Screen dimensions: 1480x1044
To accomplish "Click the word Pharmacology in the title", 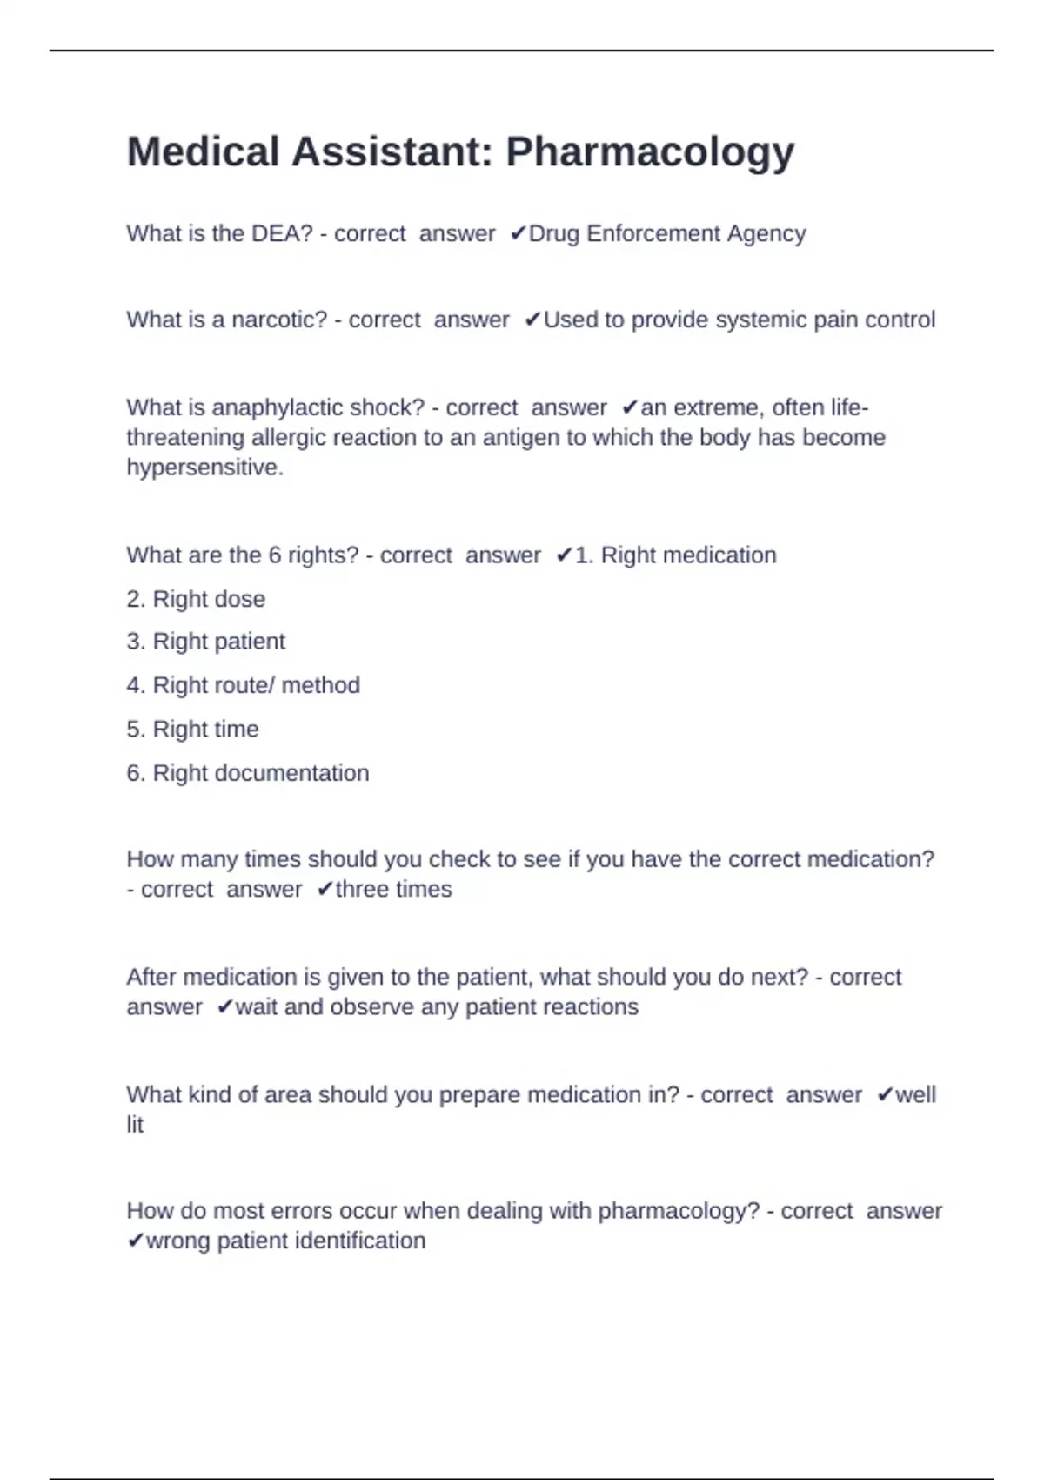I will pos(650,152).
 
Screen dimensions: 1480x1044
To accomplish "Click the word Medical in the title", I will pos(203,152).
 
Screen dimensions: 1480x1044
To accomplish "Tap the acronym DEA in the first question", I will pos(281,233).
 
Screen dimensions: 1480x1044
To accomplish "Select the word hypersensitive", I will pos(204,468).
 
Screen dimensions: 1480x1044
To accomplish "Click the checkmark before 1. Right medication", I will pos(564,555).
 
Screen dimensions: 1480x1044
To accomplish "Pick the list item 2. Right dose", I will pos(196,599).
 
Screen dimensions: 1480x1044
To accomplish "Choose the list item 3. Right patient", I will pos(205,642).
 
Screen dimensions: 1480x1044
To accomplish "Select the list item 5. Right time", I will pos(192,729).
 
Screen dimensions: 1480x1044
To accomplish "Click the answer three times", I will pos(393,889).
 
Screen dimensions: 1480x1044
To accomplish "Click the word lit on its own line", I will pos(135,1125).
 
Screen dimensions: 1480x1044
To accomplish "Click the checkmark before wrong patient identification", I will pos(135,1241).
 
